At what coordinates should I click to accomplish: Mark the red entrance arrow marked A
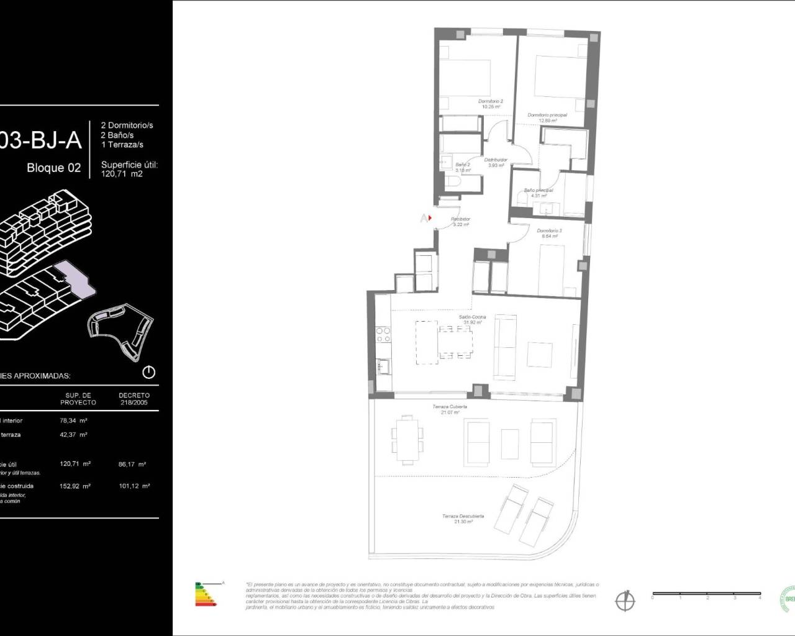[425, 218]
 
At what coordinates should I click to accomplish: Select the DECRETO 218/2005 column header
[134, 398]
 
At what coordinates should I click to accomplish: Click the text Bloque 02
[53, 168]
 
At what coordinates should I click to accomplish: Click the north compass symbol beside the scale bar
[624, 601]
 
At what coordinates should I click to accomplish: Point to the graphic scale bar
[706, 595]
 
